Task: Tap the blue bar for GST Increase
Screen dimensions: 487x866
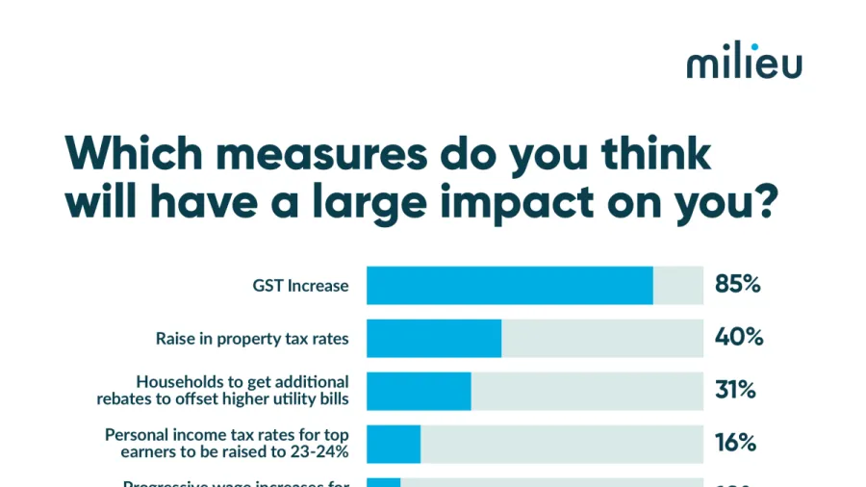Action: click(509, 286)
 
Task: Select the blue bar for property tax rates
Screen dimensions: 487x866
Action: click(434, 339)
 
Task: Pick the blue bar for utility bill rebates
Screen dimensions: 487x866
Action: click(419, 391)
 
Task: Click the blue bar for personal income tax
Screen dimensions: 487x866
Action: click(394, 443)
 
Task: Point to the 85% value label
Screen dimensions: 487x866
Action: click(738, 285)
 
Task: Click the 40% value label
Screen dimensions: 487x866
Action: click(739, 338)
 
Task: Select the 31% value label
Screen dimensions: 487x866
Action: click(736, 391)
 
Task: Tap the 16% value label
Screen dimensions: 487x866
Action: click(736, 443)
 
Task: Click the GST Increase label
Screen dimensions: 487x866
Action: click(300, 286)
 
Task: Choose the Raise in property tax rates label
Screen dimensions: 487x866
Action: click(252, 339)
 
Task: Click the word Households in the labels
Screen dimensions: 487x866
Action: click(177, 382)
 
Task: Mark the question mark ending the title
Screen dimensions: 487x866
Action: click(761, 203)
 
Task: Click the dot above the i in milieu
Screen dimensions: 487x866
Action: click(754, 45)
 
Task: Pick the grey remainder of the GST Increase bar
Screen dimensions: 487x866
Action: click(678, 286)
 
